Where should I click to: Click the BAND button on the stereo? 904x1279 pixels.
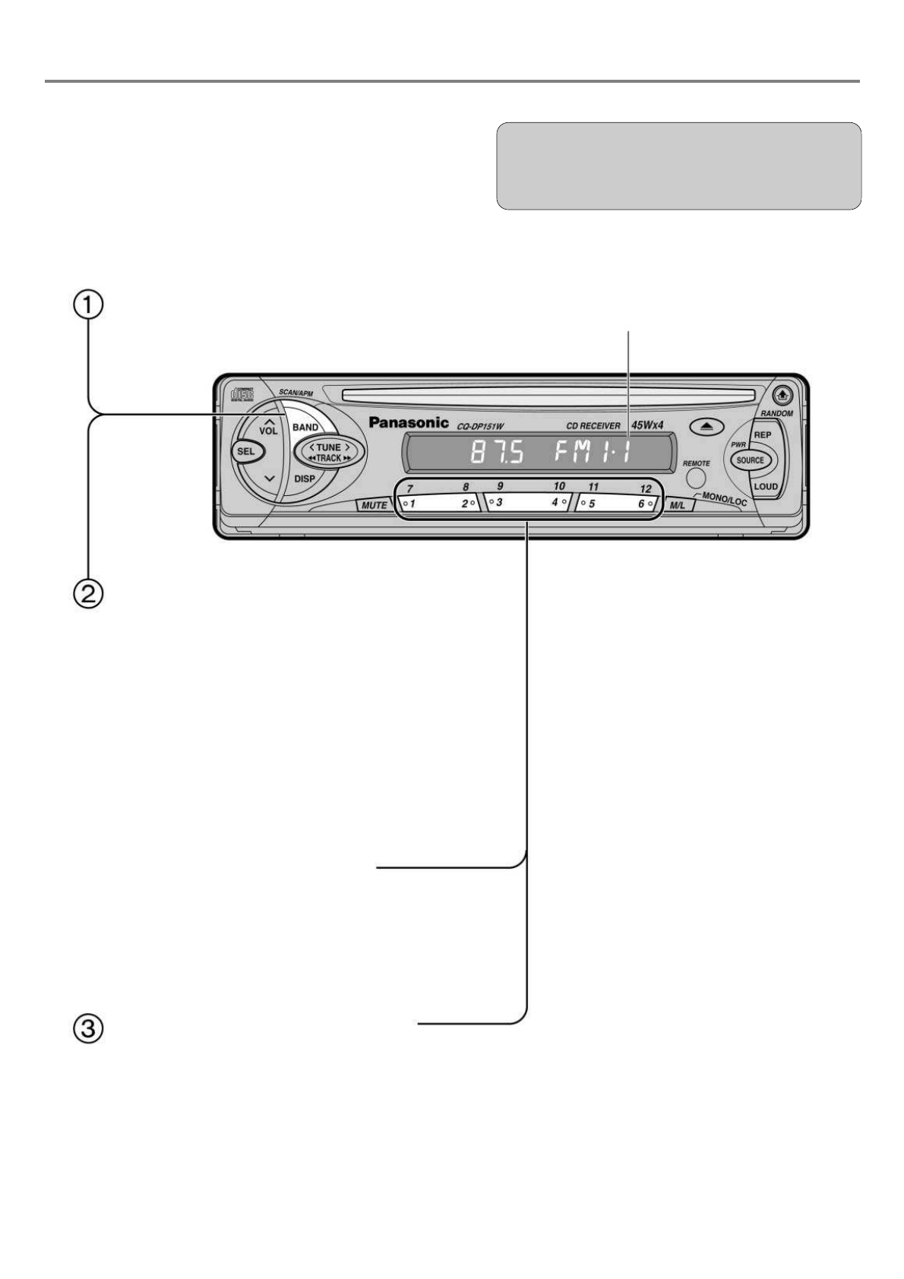305,427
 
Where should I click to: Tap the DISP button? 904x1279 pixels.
305,479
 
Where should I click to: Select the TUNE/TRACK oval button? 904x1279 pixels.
329,453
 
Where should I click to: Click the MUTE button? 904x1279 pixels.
374,504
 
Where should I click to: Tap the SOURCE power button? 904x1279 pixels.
750,460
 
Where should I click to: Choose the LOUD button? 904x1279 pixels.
765,486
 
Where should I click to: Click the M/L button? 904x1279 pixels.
676,505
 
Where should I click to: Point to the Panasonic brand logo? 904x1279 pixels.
409,422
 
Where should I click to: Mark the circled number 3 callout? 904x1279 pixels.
88,1029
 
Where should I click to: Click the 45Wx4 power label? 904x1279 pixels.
647,425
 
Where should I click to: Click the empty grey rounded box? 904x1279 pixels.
678,166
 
